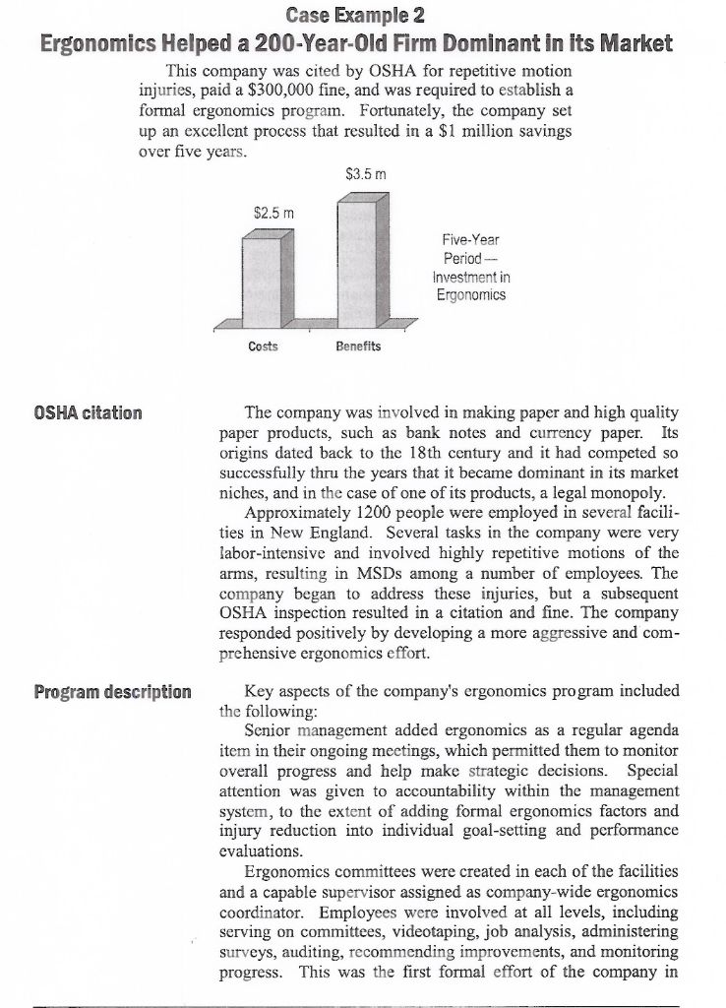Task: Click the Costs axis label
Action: tap(263, 346)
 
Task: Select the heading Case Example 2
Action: tap(362, 15)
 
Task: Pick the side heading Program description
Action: tap(113, 691)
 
